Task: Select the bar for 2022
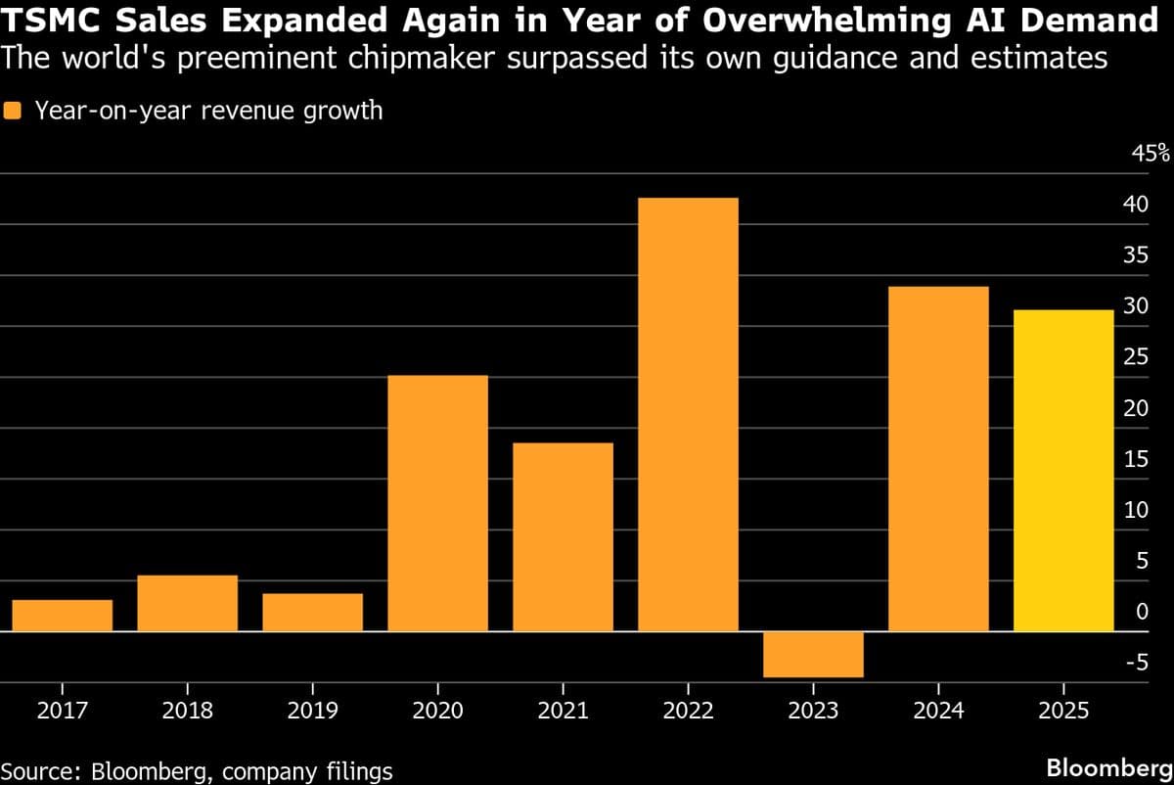tap(688, 414)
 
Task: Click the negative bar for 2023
tap(813, 654)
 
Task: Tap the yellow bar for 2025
tap(1063, 470)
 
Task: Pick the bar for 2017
tap(63, 615)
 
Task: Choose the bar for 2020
tap(437, 503)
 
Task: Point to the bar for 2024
tap(938, 458)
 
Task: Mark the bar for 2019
tap(312, 612)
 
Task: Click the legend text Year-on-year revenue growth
tap(208, 111)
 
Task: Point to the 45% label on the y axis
tap(1150, 153)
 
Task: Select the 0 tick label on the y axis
tap(1141, 612)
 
